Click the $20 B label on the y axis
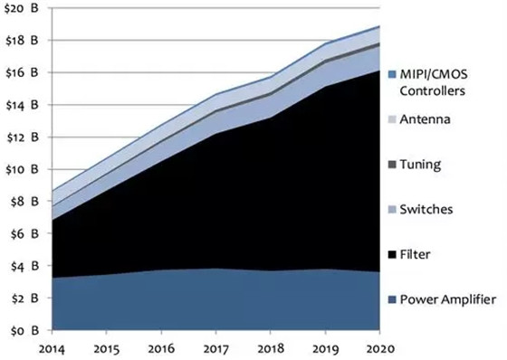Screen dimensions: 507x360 tap(22, 8)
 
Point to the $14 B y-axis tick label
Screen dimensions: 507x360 tap(22, 105)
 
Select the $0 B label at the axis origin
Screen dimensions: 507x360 tap(24, 330)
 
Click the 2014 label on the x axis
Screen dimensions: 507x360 tap(52, 349)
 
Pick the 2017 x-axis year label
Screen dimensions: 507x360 tap(216, 349)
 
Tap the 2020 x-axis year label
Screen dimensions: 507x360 tap(380, 349)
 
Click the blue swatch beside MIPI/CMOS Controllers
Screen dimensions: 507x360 tap(392, 75)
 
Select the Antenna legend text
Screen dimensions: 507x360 tap(425, 119)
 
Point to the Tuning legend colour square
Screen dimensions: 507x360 tap(392, 165)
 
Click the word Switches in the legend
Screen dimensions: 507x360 tap(426, 210)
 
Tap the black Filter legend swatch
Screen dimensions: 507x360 tap(392, 255)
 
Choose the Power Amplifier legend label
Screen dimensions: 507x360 tap(448, 299)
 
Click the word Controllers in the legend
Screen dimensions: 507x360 tap(433, 90)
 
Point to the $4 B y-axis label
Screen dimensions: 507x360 tap(24, 266)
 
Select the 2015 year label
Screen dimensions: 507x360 tap(107, 349)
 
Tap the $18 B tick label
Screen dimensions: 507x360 tap(22, 41)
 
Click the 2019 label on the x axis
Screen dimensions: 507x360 tap(326, 349)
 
